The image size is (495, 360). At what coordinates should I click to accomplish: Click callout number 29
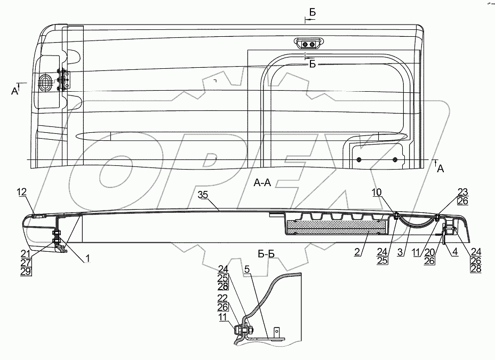(26, 272)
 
